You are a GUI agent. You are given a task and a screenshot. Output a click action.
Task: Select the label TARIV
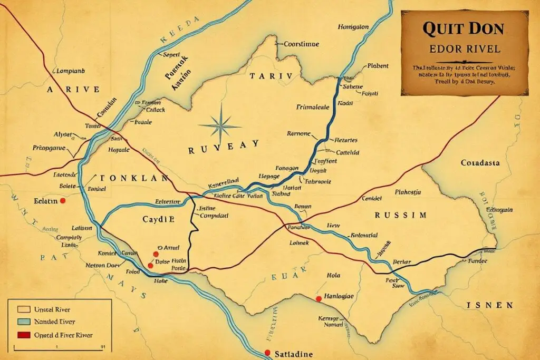pyautogui.click(x=271, y=76)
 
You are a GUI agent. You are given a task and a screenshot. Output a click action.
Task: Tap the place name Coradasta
pyautogui.click(x=479, y=163)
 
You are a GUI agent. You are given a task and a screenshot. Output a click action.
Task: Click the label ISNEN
pyautogui.click(x=490, y=305)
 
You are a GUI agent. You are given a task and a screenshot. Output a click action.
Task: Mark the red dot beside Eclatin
pyautogui.click(x=63, y=201)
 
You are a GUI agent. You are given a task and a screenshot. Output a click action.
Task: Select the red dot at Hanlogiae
pyautogui.click(x=318, y=299)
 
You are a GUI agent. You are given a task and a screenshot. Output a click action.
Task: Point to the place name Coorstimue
pyautogui.click(x=301, y=44)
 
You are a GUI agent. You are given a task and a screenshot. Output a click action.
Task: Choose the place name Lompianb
pyautogui.click(x=70, y=70)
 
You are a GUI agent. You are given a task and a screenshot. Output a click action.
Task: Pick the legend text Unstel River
pyautogui.click(x=52, y=309)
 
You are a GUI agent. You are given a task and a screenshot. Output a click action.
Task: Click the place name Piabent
pyautogui.click(x=376, y=66)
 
